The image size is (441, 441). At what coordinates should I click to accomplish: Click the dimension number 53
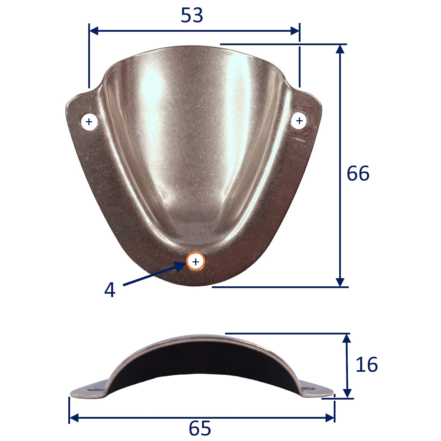click(192, 15)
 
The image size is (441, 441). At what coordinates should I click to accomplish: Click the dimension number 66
click(358, 174)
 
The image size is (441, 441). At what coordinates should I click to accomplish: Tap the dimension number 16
click(367, 365)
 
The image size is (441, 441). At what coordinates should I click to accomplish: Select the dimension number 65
click(200, 428)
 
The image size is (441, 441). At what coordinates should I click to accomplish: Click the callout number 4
click(109, 290)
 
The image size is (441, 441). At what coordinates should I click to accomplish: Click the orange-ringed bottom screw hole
click(195, 261)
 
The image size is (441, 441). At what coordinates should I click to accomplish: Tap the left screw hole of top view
click(89, 121)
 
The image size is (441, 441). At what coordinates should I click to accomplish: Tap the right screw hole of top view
click(299, 121)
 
